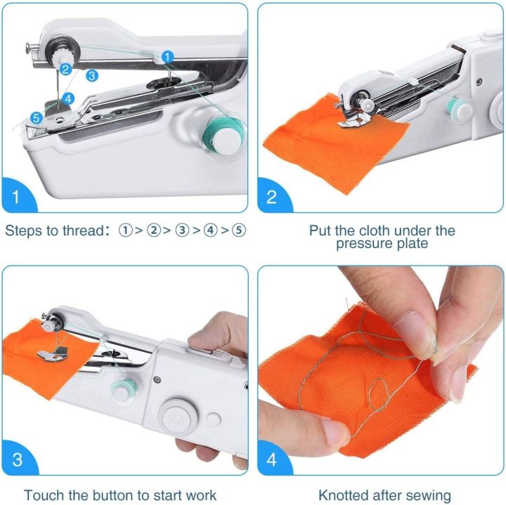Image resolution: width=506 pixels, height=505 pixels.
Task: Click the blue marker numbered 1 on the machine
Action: (167, 55)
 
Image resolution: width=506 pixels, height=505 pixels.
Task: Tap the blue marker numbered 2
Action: (65, 69)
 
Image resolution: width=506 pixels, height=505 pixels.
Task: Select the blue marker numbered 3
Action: (92, 74)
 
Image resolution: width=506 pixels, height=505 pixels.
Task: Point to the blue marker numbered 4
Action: (68, 99)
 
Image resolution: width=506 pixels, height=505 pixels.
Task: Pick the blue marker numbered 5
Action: (37, 118)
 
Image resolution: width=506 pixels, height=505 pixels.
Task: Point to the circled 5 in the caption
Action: (239, 230)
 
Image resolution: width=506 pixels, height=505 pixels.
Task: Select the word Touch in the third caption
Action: (43, 495)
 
